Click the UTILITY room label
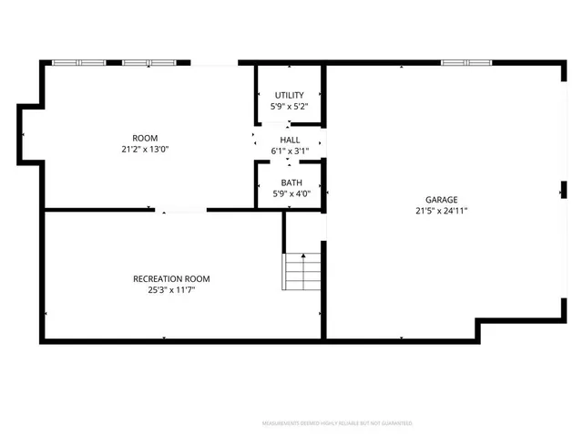point(290,96)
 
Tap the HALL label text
point(290,140)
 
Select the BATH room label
point(291,182)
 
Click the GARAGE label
point(441,200)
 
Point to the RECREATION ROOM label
point(171,278)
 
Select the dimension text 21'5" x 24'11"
point(441,211)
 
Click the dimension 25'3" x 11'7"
point(171,289)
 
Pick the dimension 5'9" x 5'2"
point(290,107)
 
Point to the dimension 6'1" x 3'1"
point(290,151)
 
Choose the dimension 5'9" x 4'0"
point(291,193)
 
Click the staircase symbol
point(303,272)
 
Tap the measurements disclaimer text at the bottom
point(337,423)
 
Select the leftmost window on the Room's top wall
point(79,63)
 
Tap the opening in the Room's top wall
point(214,63)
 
